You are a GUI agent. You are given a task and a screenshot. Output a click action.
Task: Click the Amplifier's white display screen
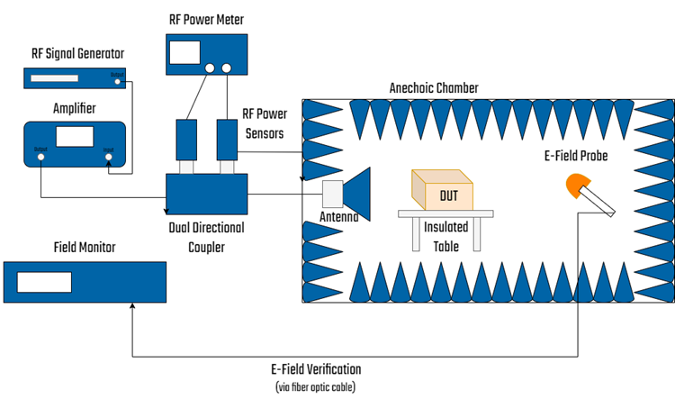click(75, 136)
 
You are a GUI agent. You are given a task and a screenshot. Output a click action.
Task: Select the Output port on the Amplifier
click(40, 157)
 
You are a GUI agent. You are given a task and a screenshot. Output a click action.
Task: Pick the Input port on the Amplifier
click(109, 157)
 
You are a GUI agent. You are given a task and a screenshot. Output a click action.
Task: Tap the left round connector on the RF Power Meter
click(210, 68)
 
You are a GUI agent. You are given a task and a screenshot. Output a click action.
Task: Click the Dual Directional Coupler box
click(206, 195)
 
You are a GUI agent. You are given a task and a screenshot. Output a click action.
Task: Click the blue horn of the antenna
click(359, 191)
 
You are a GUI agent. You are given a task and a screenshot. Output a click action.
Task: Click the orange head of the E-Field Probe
click(577, 187)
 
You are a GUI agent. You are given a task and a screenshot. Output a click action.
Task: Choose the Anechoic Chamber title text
click(434, 88)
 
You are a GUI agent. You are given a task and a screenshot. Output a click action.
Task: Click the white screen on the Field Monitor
click(44, 282)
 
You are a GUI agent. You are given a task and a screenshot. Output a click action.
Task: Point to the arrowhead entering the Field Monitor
click(132, 307)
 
